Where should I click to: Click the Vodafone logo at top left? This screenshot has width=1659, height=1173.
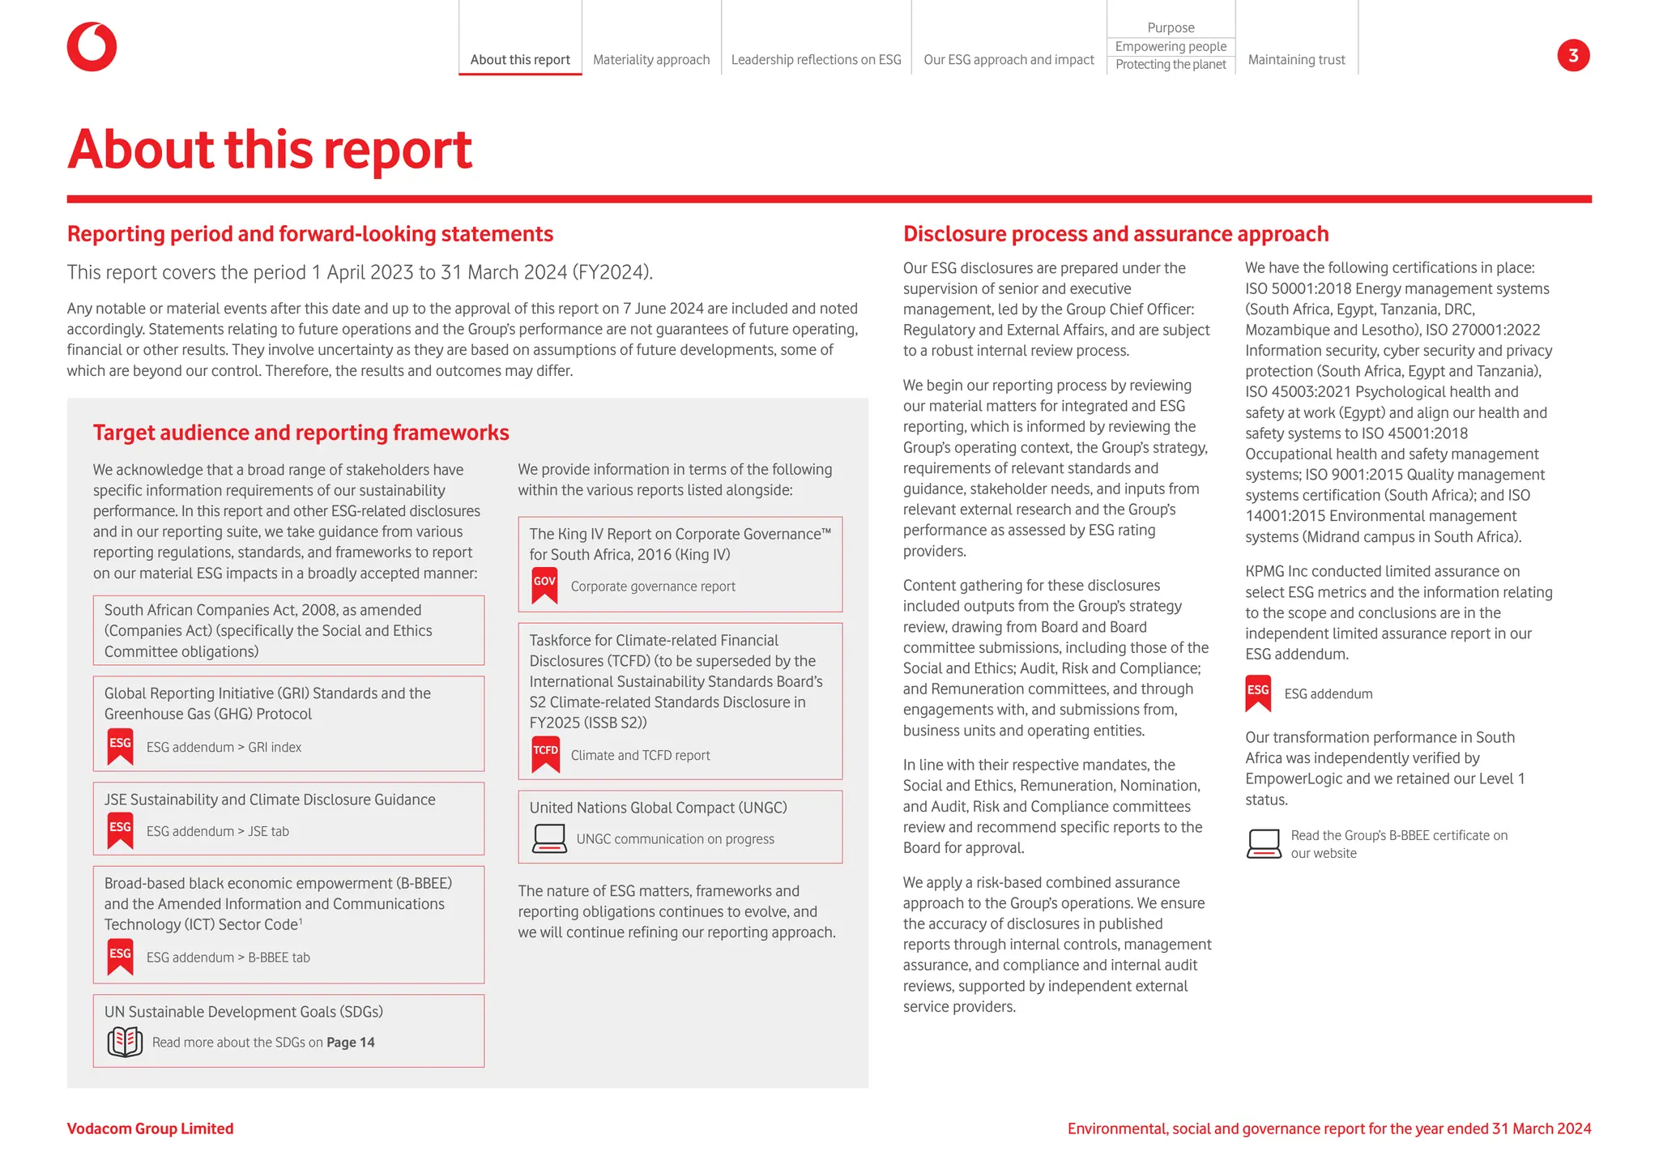tap(92, 47)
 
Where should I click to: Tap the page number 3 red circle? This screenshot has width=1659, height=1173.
tap(1573, 55)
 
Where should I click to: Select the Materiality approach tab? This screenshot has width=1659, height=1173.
tap(651, 60)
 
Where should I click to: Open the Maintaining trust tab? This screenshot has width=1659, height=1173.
tap(1296, 60)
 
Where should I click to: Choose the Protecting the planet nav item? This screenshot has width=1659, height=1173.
tap(1171, 65)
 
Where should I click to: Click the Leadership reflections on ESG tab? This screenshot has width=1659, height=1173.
tap(816, 60)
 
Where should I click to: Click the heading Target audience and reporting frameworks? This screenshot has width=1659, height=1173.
tap(301, 433)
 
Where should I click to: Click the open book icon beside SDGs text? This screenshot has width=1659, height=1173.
tap(125, 1042)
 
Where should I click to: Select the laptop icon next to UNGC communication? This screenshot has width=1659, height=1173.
tap(549, 838)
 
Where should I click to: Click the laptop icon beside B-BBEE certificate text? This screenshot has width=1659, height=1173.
tap(1264, 843)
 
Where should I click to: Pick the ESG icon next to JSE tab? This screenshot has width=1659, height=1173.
tap(120, 830)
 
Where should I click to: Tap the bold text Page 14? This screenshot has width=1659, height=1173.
tap(351, 1043)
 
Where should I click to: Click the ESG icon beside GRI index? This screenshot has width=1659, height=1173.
tap(120, 746)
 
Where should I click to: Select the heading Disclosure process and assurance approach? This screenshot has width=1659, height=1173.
tap(1115, 234)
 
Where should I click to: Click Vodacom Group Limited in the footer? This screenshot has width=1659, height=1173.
tap(150, 1128)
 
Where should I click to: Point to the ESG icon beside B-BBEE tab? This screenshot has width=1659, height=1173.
tap(120, 957)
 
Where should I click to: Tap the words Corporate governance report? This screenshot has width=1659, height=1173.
tap(653, 586)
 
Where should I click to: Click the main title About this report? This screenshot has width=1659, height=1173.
tap(270, 150)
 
